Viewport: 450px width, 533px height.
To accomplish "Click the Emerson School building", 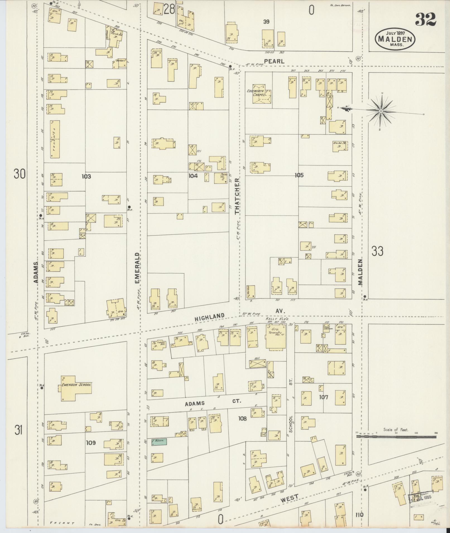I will pos(74,388).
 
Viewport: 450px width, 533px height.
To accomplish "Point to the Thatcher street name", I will pos(237,196).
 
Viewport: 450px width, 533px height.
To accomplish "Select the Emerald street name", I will pos(137,268).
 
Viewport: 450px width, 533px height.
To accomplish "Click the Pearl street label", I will pos(275,62).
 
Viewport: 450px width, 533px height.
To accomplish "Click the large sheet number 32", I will pos(425,20).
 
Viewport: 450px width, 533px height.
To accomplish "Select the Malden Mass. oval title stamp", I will pos(395,39).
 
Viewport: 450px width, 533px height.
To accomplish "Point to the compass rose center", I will pos(381,111).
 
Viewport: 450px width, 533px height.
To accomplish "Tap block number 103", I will pos(86,176).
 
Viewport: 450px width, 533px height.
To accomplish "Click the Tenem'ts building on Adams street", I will pos(55,139).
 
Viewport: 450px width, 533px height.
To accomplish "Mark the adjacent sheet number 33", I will pos(377,251).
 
